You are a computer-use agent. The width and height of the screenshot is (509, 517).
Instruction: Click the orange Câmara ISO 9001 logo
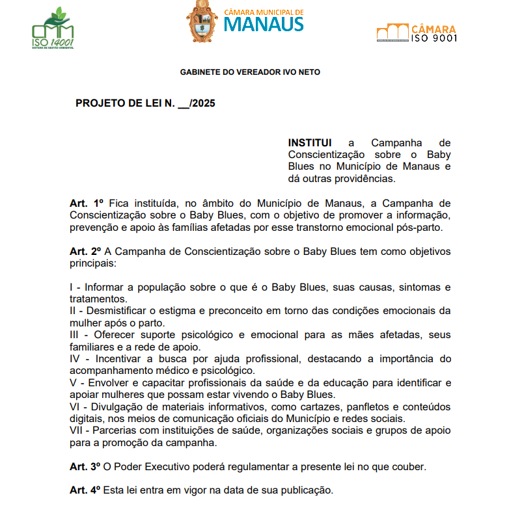point(417,33)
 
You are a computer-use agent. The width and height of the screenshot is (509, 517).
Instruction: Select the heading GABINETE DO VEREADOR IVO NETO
point(250,72)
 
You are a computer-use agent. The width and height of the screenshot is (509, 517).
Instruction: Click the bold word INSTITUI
point(310,143)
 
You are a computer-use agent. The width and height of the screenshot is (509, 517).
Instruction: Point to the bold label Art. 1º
point(87,204)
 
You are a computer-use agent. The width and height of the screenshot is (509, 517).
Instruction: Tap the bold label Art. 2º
point(87,252)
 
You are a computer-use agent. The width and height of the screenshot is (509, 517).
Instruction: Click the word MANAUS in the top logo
point(264,25)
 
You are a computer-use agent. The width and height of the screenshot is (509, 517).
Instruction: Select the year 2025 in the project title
point(203,103)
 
